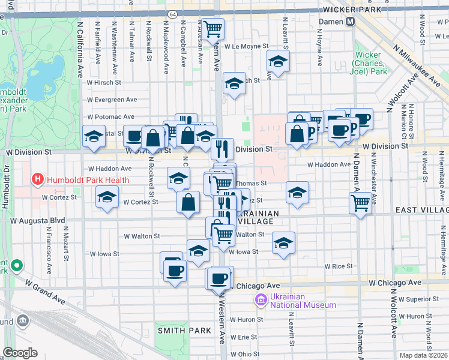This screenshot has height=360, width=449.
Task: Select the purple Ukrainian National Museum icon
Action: click(x=261, y=299)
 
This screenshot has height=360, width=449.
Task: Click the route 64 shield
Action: click(x=172, y=13)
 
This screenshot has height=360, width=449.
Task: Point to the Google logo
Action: click(x=20, y=353)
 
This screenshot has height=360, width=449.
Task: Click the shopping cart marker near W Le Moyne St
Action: click(x=212, y=28)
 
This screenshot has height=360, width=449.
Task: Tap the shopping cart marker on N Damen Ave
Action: click(x=360, y=203)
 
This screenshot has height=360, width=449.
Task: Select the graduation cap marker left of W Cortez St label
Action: click(x=107, y=197)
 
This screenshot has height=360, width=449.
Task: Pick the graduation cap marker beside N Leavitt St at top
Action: click(x=278, y=61)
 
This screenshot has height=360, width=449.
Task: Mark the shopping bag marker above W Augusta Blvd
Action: click(x=188, y=202)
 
